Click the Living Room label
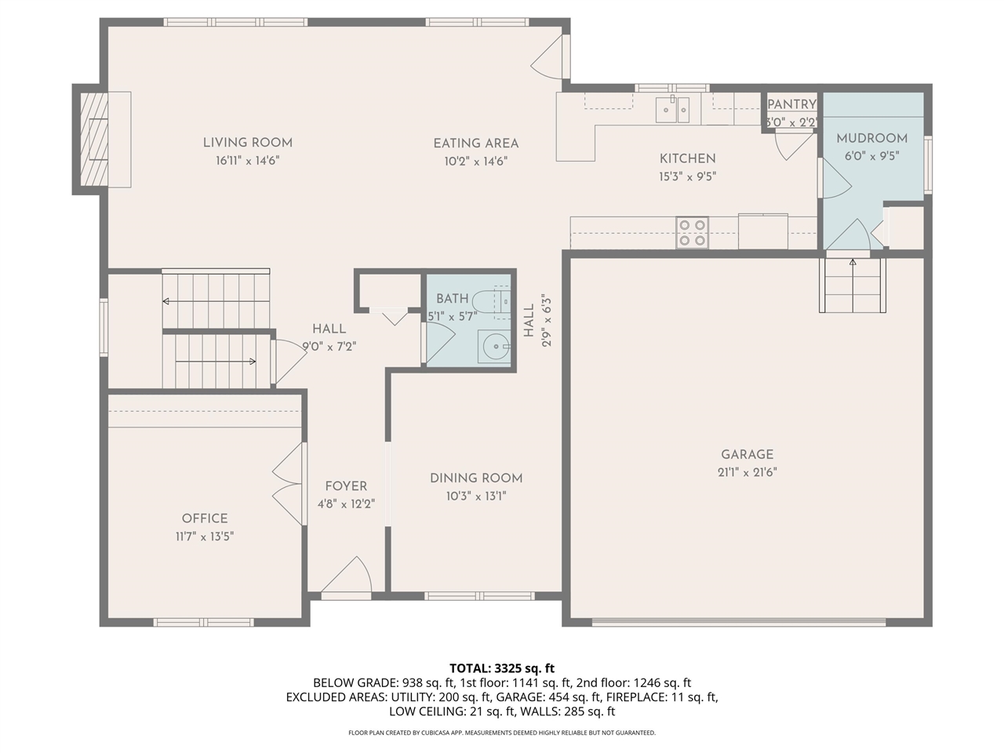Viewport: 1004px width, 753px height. click(248, 143)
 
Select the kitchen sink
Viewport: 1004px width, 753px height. click(672, 110)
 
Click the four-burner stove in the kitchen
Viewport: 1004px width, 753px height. click(693, 233)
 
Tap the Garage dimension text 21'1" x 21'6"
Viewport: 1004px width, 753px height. click(747, 472)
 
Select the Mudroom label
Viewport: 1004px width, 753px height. click(871, 138)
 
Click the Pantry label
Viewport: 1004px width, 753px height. click(791, 104)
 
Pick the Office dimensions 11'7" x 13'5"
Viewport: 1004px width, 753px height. click(205, 537)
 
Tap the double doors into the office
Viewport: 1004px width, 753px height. click(289, 484)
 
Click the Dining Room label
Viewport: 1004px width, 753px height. click(476, 478)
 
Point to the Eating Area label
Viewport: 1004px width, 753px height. click(476, 144)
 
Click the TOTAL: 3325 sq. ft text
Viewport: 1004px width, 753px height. click(502, 668)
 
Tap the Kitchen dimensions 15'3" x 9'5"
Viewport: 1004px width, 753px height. click(687, 177)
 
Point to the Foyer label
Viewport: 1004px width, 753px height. click(346, 486)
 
